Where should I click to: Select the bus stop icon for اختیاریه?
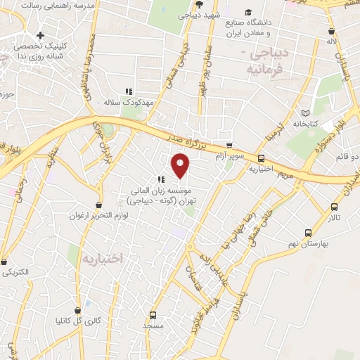262,159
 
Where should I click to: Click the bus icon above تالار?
334,207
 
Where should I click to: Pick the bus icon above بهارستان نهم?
308,233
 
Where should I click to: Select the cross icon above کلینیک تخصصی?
41,35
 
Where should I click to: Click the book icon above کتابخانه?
304,113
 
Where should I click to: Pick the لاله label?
342,41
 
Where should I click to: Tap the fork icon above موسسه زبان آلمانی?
160,178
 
